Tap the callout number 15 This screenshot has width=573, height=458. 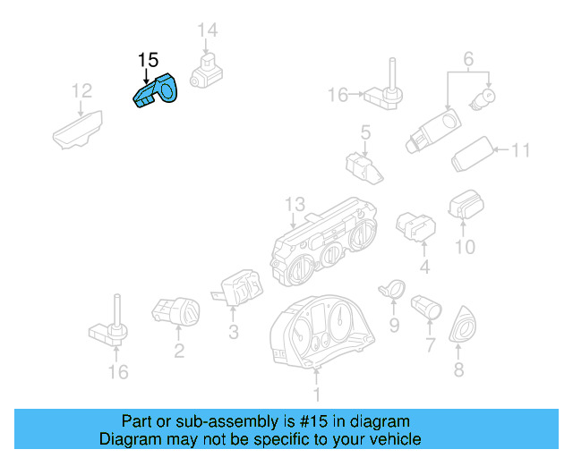point(148,61)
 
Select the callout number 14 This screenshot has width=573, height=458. point(208,31)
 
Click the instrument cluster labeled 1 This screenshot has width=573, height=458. point(322,331)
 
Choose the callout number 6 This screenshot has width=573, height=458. point(467,61)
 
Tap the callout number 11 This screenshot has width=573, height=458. point(521,150)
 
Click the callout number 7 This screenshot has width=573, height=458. point(430,344)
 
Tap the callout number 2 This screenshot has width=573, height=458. point(179,351)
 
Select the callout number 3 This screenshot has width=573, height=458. point(233,333)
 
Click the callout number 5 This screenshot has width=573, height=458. point(365,133)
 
